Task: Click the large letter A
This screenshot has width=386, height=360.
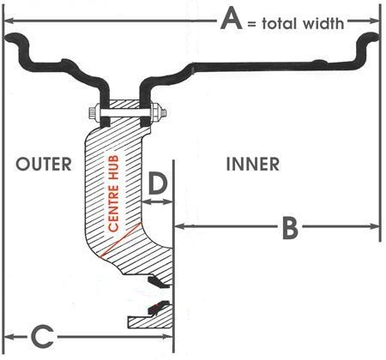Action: pos(232,19)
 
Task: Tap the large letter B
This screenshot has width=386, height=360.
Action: pos(290,228)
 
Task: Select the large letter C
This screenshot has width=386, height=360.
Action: pos(42,336)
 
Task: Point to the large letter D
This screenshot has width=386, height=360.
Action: pos(158,183)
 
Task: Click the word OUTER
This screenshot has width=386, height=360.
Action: pos(44,164)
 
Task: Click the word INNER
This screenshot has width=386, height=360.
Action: pos(253,164)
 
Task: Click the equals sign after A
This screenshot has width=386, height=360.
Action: pos(251,24)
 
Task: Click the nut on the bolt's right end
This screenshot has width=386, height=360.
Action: pos(158,112)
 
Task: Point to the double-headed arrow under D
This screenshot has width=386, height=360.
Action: pos(157,202)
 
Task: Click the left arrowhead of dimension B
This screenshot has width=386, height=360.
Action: pos(180,226)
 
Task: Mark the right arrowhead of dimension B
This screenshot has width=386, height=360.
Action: pos(374,226)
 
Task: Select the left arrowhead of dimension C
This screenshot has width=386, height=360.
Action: pos(10,336)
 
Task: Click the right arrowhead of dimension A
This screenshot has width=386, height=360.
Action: pos(374,21)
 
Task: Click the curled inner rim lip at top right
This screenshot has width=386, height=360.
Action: pos(369,40)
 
